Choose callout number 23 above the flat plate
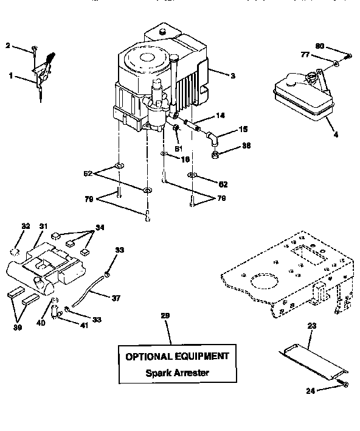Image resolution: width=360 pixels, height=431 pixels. pyautogui.click(x=312, y=326)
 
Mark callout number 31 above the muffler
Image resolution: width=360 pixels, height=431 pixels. pyautogui.click(x=43, y=226)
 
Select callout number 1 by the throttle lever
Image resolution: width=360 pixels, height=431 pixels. pyautogui.click(x=11, y=75)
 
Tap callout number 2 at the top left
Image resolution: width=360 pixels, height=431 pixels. pyautogui.click(x=8, y=45)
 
